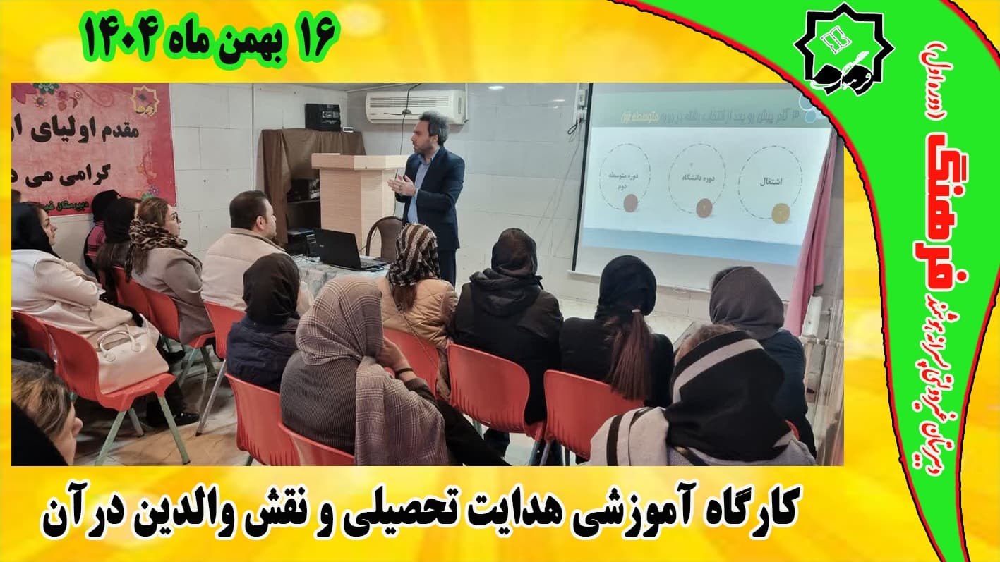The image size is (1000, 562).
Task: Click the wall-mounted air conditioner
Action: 416,106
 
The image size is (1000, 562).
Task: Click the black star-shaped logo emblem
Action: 843,49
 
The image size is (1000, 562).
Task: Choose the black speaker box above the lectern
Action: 323,116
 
